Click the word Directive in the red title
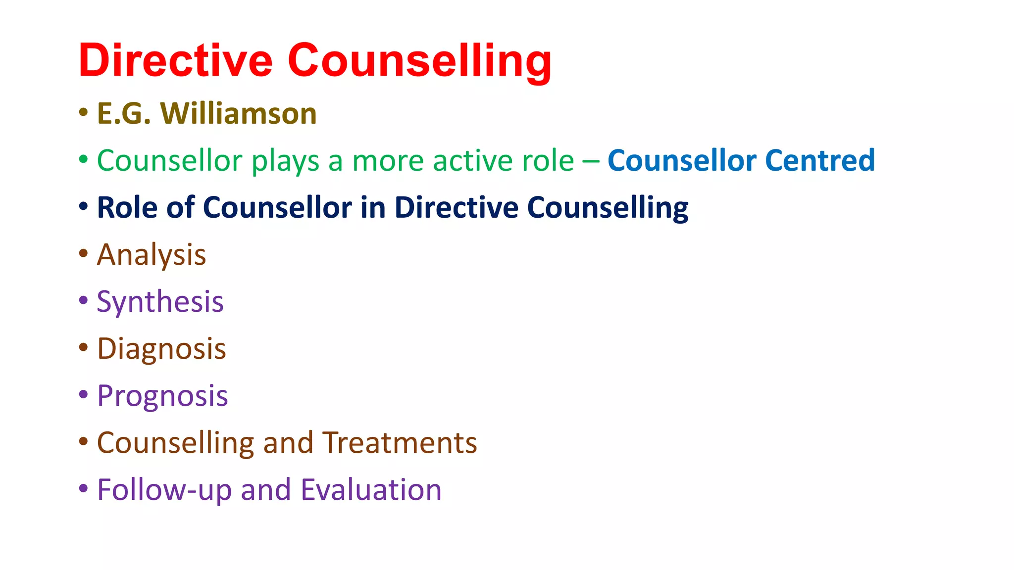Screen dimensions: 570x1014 175,60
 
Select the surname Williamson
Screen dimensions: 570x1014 238,114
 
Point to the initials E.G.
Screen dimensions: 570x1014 124,114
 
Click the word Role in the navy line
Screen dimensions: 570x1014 127,207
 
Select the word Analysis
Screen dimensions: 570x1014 152,255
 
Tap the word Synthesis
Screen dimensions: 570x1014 160,302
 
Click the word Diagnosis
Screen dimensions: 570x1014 161,349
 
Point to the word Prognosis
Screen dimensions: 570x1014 162,396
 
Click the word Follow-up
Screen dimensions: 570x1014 164,490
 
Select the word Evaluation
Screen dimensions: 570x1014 371,490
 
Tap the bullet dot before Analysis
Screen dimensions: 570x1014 84,254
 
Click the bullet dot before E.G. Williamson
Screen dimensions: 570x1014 84,112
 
